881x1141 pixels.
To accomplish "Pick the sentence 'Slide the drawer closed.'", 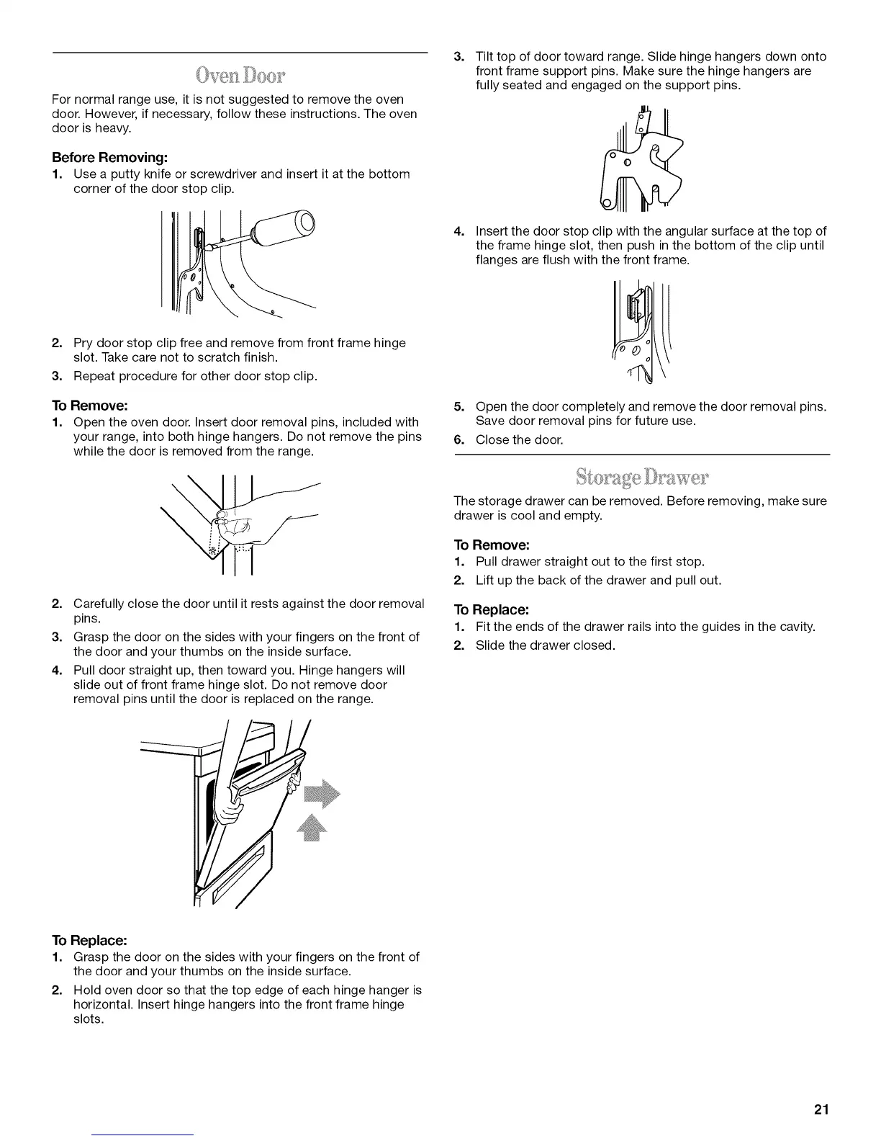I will pos(545,645).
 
